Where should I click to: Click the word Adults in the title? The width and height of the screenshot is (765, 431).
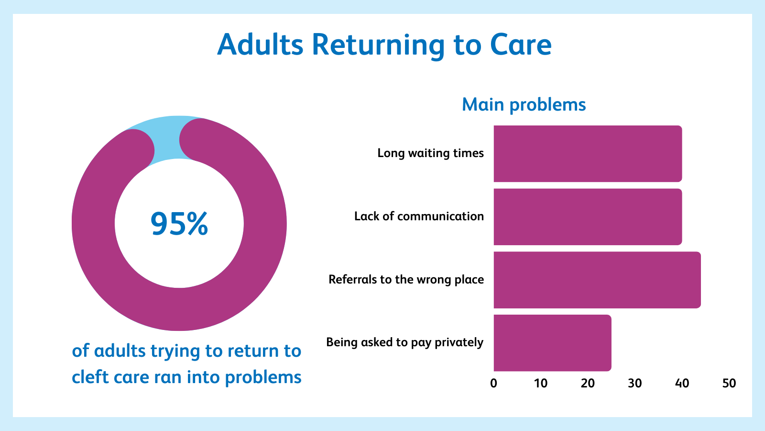[260, 45]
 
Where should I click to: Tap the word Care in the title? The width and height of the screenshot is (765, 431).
[521, 45]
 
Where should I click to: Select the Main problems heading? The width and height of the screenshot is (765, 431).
[524, 105]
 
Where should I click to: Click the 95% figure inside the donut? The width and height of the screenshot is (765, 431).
[179, 224]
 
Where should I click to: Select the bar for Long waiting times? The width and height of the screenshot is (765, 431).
[588, 154]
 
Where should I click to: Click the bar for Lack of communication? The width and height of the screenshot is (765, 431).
[588, 217]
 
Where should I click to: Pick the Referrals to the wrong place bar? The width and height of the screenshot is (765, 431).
[597, 280]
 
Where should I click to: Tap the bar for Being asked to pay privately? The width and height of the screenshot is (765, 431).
[553, 343]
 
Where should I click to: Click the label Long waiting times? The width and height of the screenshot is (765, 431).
[431, 153]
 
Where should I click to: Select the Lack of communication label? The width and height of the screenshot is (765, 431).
[419, 216]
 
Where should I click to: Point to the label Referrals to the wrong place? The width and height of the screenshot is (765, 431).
[406, 280]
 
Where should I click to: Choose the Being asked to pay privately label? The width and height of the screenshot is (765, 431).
[404, 342]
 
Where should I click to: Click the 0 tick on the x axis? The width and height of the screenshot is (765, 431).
[493, 384]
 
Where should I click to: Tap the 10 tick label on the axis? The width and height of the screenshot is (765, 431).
[541, 384]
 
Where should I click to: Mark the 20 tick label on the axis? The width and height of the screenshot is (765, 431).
[588, 384]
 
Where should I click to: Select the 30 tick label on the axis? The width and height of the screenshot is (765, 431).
[635, 384]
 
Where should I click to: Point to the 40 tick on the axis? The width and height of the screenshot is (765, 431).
[682, 384]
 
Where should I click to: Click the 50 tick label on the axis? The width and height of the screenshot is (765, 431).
[729, 384]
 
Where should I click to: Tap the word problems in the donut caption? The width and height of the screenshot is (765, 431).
[263, 378]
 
